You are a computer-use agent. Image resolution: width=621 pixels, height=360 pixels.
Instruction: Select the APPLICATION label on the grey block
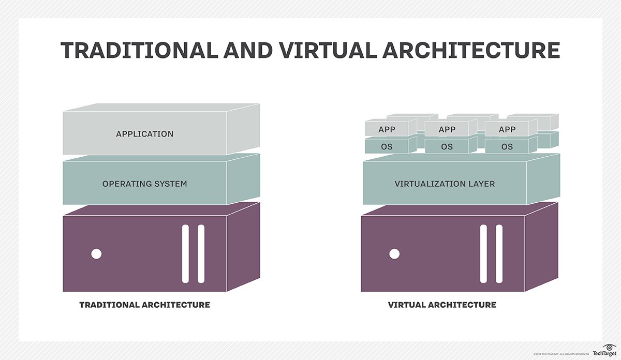pyautogui.click(x=145, y=134)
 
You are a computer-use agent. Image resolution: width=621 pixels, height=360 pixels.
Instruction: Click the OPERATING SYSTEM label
pyautogui.click(x=144, y=184)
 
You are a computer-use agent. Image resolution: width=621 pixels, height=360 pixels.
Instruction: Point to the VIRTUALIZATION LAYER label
pyautogui.click(x=445, y=184)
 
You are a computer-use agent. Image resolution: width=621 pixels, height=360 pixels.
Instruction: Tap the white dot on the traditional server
pyautogui.click(x=96, y=254)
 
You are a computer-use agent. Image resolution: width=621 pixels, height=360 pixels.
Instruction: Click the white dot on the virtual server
pyautogui.click(x=394, y=254)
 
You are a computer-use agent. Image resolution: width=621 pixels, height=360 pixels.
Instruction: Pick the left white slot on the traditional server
pyautogui.click(x=186, y=253)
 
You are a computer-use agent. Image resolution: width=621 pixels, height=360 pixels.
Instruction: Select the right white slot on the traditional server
pyautogui.click(x=201, y=253)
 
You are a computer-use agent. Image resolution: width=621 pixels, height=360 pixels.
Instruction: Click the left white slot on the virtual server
pyautogui.click(x=484, y=253)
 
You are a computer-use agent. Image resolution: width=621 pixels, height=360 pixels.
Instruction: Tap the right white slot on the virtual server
pyautogui.click(x=499, y=253)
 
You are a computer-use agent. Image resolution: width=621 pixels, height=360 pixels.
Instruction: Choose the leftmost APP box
pyautogui.click(x=387, y=129)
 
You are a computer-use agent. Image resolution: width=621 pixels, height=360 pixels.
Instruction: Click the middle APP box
pyautogui.click(x=447, y=129)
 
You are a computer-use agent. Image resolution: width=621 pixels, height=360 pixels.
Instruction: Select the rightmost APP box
pyautogui.click(x=507, y=129)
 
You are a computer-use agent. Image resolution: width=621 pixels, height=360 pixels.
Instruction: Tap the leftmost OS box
pyautogui.click(x=387, y=146)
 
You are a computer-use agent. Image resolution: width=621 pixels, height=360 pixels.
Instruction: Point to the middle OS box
pyautogui.click(x=447, y=146)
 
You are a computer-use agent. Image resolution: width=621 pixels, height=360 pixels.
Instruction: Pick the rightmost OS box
pyautogui.click(x=507, y=146)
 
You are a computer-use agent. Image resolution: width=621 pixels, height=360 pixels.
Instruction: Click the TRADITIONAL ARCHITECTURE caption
pyautogui.click(x=144, y=305)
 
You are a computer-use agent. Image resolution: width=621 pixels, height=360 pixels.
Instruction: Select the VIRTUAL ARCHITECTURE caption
pyautogui.click(x=442, y=305)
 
